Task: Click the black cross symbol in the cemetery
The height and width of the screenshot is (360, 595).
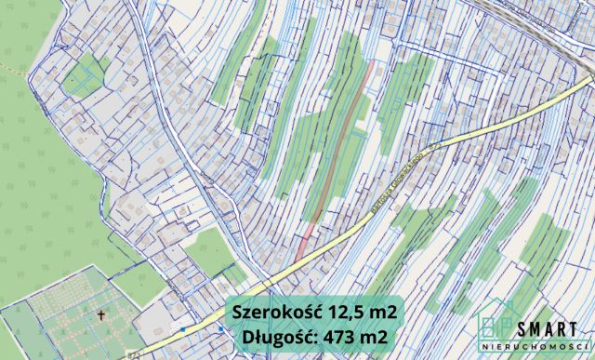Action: click(100, 315)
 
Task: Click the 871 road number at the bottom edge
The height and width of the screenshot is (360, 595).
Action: click(137, 354)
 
